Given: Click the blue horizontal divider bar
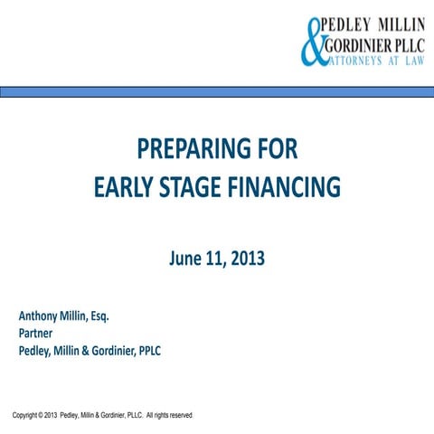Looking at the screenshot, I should [x=217, y=91].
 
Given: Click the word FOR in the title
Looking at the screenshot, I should [x=274, y=149].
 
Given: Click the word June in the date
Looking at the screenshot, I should [x=185, y=259].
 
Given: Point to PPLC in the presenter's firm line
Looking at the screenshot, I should [x=146, y=350].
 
